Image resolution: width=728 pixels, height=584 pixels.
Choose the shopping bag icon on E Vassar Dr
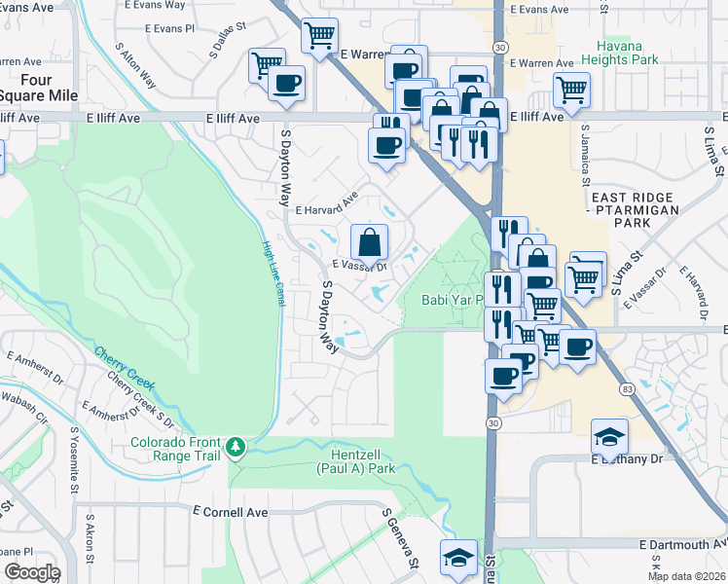click(370, 241)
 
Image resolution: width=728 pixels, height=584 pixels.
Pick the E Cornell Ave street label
click(230, 511)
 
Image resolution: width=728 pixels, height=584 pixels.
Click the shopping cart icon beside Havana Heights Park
click(572, 91)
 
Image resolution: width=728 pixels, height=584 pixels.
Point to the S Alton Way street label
click(135, 64)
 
